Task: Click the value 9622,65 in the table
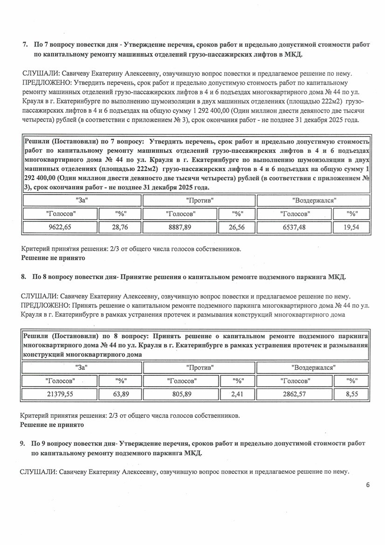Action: pyautogui.click(x=61, y=228)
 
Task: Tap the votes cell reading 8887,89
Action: pyautogui.click(x=180, y=228)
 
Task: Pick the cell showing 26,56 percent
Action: pyautogui.click(x=238, y=228)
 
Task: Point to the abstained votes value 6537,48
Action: pyautogui.click(x=295, y=228)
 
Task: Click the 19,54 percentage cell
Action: pyautogui.click(x=351, y=228)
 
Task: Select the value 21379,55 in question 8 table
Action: pyautogui.click(x=61, y=394)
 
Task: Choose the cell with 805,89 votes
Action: pyautogui.click(x=181, y=394)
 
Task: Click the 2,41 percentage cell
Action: pyautogui.click(x=238, y=394)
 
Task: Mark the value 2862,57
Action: pyautogui.click(x=295, y=394)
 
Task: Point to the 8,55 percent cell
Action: pyautogui.click(x=351, y=394)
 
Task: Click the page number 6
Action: pyautogui.click(x=368, y=485)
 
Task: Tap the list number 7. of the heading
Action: pyautogui.click(x=25, y=45)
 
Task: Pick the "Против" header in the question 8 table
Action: pyautogui.click(x=199, y=367)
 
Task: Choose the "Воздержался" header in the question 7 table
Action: pyautogui.click(x=314, y=200)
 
